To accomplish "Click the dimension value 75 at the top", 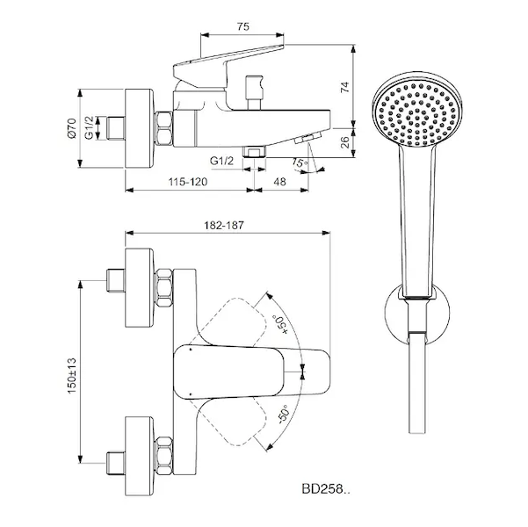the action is click(x=243, y=26).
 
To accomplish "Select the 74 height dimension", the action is click(x=344, y=87).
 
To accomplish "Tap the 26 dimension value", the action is click(x=344, y=142).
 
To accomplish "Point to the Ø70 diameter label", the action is click(x=72, y=128).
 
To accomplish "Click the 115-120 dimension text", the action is click(x=188, y=182).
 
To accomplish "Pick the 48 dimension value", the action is click(x=279, y=182).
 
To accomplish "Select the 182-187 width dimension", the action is click(x=224, y=225).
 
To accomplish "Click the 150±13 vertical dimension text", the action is click(x=72, y=376).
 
